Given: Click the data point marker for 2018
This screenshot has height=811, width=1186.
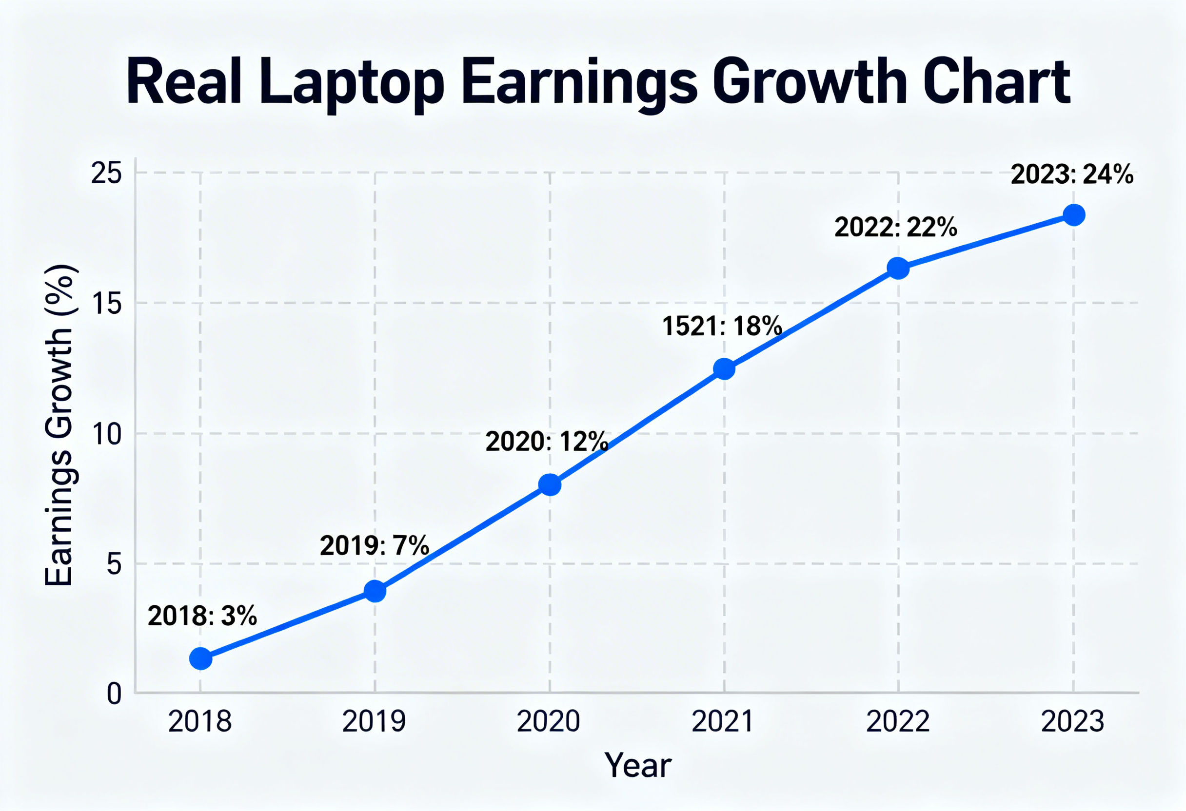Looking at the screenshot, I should click(200, 658).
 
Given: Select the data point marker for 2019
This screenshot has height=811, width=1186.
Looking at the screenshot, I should click(375, 591).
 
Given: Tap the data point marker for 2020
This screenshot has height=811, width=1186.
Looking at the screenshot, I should click(550, 484).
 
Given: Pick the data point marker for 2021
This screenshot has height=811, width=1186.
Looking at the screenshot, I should click(724, 369).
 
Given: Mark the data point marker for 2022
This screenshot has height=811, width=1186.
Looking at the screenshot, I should click(898, 268).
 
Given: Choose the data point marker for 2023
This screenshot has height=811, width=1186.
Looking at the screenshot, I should click(1074, 215).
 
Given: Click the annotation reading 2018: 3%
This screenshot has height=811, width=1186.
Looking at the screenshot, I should click(202, 616).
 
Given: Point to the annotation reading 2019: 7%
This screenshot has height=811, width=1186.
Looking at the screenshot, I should click(374, 546).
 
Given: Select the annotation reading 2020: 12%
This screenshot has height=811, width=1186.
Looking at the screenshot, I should click(547, 441).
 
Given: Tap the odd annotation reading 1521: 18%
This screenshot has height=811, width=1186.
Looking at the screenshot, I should click(722, 326).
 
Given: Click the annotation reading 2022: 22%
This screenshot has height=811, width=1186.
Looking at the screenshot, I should click(896, 227).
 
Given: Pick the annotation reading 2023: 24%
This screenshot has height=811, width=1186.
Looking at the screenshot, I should click(1072, 174).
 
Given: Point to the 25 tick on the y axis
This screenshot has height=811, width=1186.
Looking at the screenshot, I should click(107, 174).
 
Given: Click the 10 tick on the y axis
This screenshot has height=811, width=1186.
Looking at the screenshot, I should click(107, 434).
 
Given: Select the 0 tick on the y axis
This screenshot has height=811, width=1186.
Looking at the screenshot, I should click(114, 694).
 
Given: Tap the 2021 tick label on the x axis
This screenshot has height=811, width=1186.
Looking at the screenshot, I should click(723, 722).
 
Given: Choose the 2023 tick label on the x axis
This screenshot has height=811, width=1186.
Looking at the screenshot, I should click(1072, 722).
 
